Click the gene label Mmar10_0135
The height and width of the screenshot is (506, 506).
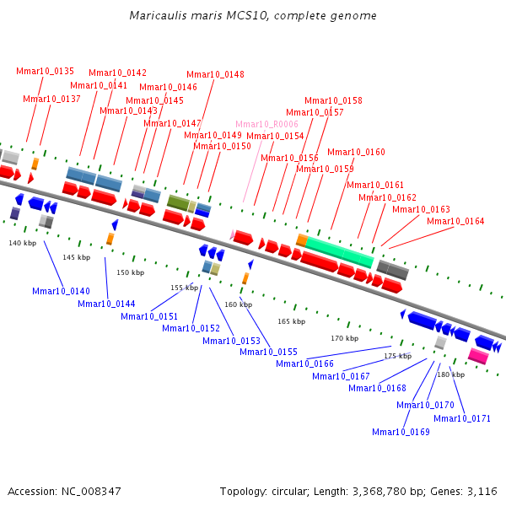tap(45, 71)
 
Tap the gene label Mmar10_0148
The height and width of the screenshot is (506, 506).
tap(215, 74)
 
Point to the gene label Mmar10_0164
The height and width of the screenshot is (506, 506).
tap(455, 221)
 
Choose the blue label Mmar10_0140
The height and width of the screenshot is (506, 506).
tap(61, 291)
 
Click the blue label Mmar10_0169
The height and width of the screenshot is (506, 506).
tap(401, 432)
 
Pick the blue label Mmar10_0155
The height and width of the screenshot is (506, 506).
tap(268, 351)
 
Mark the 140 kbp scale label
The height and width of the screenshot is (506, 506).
tap(23, 243)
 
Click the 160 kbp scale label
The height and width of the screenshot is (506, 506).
tap(238, 304)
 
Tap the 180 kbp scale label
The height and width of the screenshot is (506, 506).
tap(450, 374)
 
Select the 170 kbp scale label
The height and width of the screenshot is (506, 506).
tap(344, 338)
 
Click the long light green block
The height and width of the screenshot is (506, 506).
tap(339, 250)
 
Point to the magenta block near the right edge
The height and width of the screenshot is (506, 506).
tap(478, 357)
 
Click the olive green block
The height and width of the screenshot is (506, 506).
tap(177, 202)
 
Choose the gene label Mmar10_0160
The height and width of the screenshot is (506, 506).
tap(356, 152)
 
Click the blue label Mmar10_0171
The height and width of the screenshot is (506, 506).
tap(462, 418)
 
